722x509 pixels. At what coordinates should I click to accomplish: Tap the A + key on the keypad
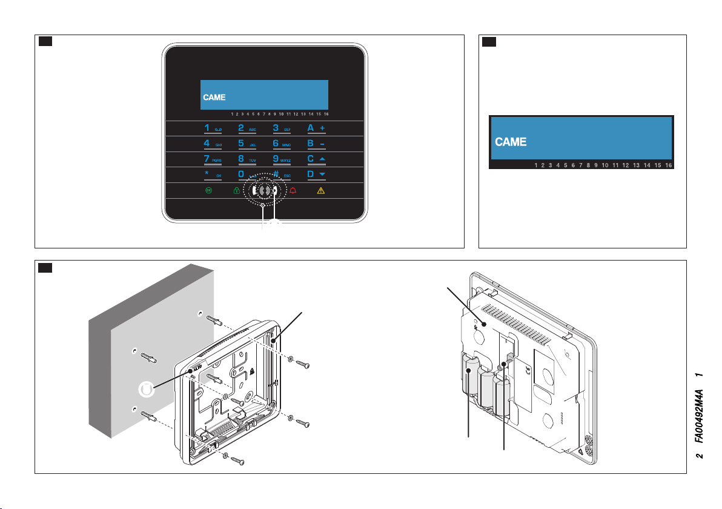point(317,129)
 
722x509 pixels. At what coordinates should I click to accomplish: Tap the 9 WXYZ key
point(282,159)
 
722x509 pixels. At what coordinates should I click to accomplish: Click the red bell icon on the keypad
point(293,190)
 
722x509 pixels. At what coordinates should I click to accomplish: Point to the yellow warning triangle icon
point(322,190)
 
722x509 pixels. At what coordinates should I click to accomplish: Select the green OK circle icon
point(208,190)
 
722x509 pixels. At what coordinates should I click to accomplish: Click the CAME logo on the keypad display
point(214,97)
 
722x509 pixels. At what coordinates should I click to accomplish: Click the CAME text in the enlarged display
point(511,142)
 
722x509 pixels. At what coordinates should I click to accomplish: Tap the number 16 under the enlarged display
point(668,165)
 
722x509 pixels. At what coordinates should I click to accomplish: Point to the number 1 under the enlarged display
point(536,165)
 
